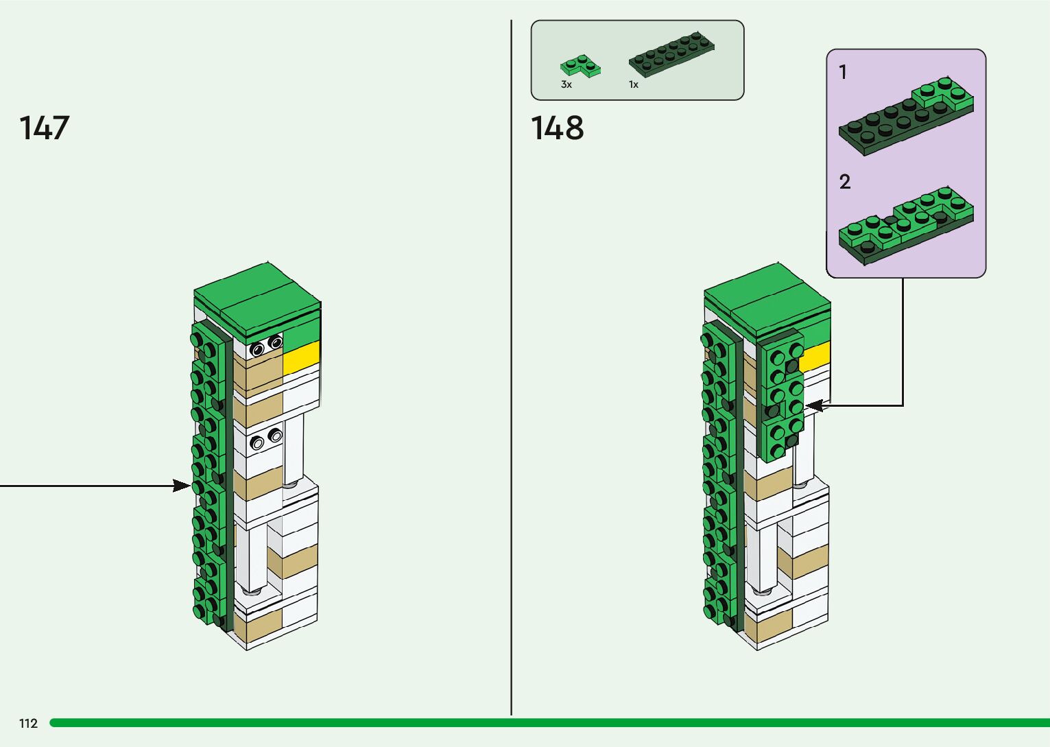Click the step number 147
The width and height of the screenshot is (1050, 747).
tap(45, 128)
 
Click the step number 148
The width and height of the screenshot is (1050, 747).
tap(557, 128)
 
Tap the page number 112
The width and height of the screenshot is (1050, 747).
tap(28, 723)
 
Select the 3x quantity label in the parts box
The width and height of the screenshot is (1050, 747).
tap(566, 84)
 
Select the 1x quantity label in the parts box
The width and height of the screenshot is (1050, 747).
tap(633, 84)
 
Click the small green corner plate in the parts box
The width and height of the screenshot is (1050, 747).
tap(580, 66)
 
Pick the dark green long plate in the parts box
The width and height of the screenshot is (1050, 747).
tap(671, 54)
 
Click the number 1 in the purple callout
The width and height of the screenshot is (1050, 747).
tap(843, 72)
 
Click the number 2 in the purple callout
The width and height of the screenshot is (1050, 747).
tap(844, 182)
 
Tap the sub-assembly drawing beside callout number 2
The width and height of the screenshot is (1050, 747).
tap(905, 223)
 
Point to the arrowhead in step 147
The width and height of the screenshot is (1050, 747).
tap(182, 486)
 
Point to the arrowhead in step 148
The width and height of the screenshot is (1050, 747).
tap(813, 406)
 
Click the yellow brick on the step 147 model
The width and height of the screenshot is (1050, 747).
tap(302, 356)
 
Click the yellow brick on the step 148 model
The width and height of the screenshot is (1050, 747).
tap(815, 357)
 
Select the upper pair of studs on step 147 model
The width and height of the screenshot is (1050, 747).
tap(266, 346)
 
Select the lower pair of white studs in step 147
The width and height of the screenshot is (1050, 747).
tap(266, 439)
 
